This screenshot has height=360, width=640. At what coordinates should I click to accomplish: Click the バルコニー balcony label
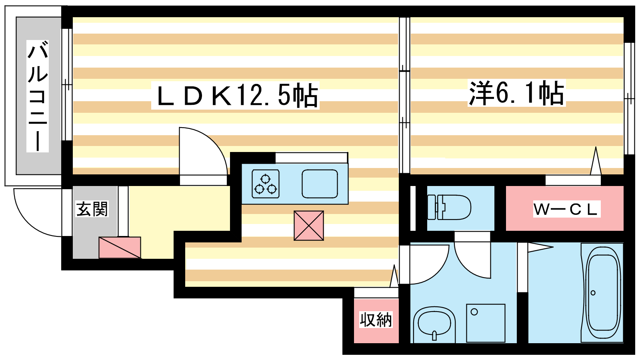pos(38,96)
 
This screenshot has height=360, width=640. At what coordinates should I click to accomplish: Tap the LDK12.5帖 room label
pos(236,96)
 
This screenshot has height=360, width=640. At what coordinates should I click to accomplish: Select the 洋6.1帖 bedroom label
pos(516,93)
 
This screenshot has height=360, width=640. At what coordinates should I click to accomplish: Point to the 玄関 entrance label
pos(92,209)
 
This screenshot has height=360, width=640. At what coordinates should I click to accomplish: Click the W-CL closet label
pos(566,210)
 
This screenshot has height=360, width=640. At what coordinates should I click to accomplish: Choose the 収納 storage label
pos(376,320)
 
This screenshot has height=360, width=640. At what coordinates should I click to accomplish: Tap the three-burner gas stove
pos(266,184)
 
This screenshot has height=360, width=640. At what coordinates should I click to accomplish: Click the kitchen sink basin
pos(320,184)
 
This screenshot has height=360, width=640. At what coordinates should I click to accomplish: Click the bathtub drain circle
pos(593,293)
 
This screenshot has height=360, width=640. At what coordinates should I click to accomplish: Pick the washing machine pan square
pos(486,323)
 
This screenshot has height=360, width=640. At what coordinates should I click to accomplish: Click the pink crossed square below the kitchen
pos(309,226)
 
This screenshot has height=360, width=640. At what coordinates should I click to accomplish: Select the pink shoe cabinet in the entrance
pos(120,248)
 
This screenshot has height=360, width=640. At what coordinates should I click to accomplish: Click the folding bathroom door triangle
pos(540,248)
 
